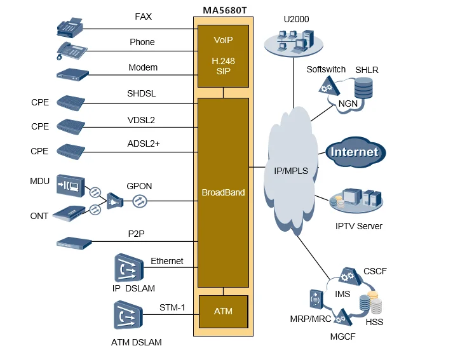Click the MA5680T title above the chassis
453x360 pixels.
(x=223, y=11)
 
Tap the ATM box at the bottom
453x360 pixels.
(x=223, y=311)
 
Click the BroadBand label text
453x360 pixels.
(x=223, y=192)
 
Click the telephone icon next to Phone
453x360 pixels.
(x=72, y=51)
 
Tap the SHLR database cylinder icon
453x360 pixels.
(x=363, y=88)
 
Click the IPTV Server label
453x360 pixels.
(x=359, y=226)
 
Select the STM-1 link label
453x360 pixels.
(x=172, y=308)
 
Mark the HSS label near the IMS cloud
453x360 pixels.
(x=374, y=322)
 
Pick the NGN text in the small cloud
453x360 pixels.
(x=348, y=103)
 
